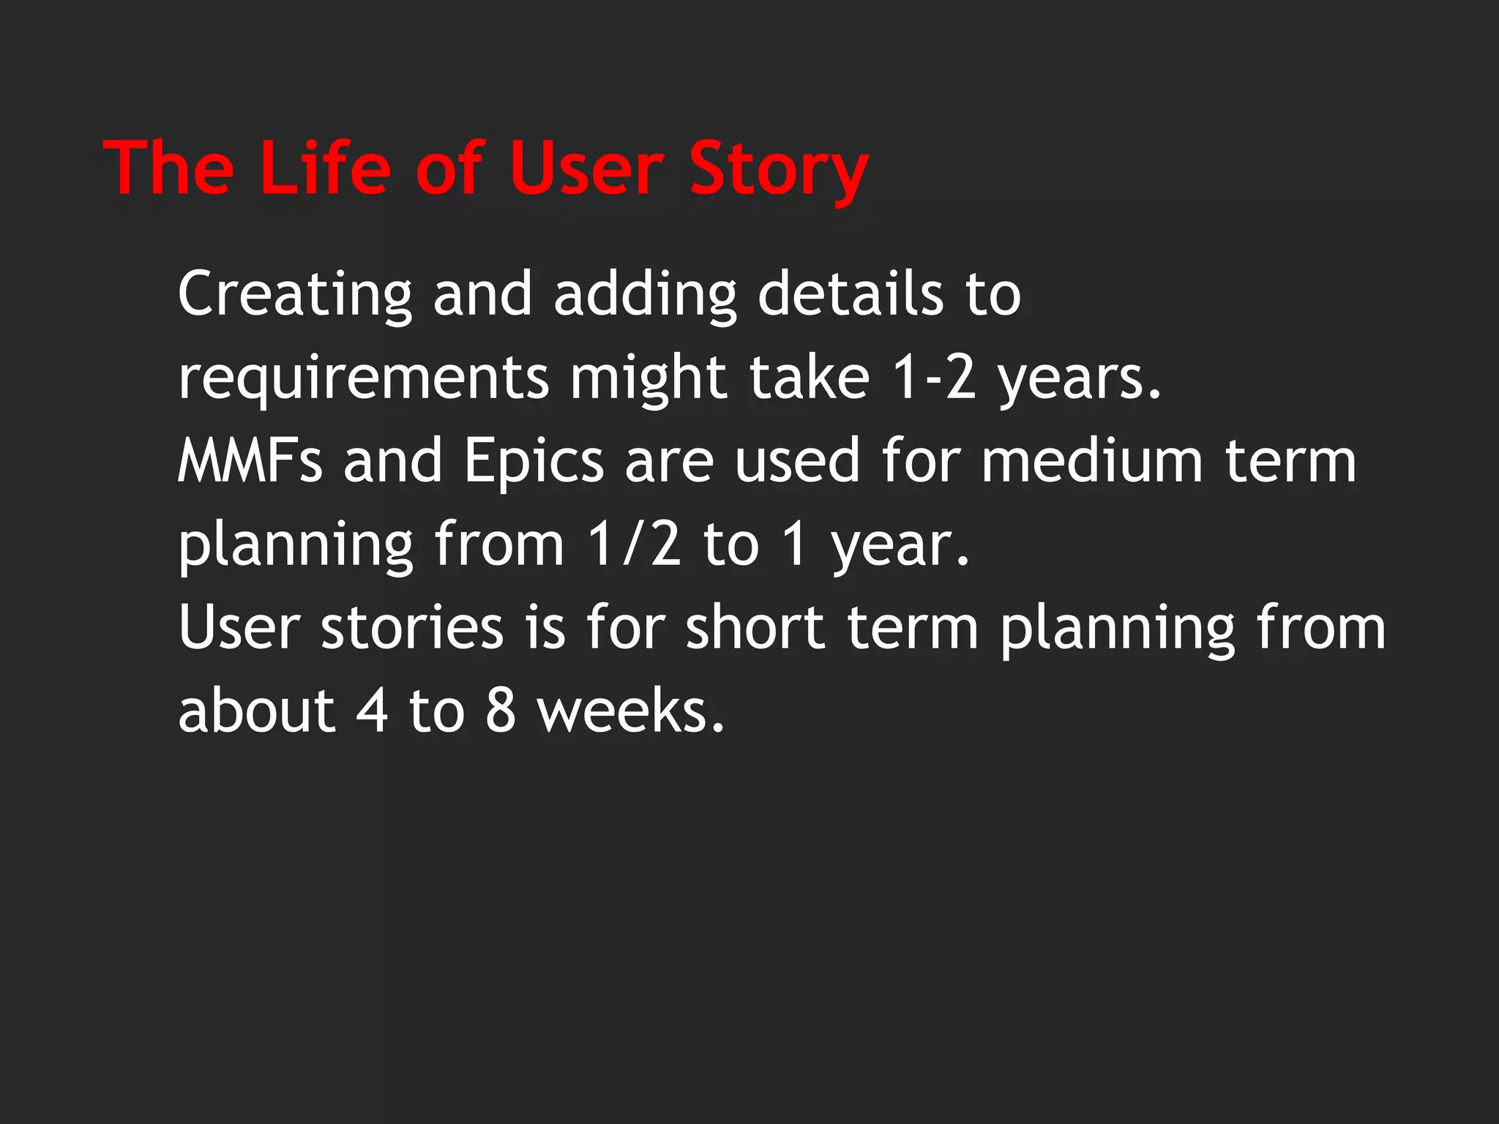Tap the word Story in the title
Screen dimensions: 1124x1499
click(x=778, y=170)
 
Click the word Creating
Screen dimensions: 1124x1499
click(x=295, y=294)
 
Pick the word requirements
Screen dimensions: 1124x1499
click(x=363, y=379)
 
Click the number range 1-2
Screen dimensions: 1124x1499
click(x=935, y=378)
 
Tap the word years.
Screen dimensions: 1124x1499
click(x=1080, y=379)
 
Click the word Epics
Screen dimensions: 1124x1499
click(x=534, y=462)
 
